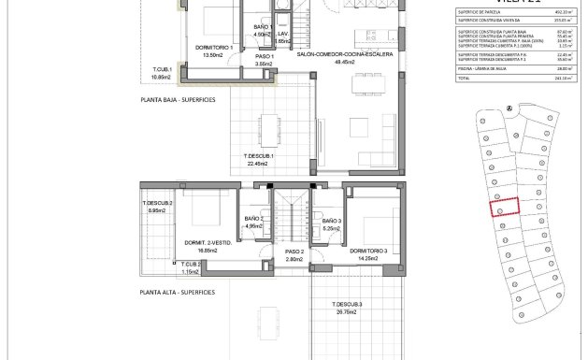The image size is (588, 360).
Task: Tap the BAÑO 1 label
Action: click(x=262, y=30)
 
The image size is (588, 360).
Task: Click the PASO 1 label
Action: click(x=265, y=56)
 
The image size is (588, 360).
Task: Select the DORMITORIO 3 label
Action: click(x=368, y=251)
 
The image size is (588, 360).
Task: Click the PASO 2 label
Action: click(x=294, y=252)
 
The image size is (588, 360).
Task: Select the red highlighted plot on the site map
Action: click(x=505, y=206)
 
